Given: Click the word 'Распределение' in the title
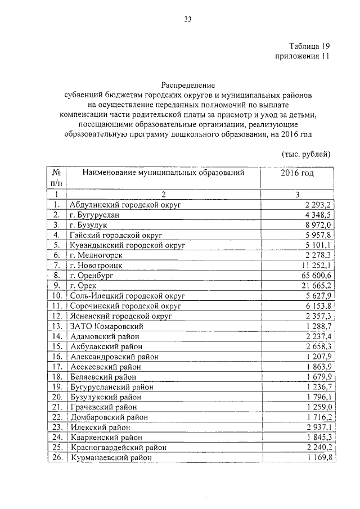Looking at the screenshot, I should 188,85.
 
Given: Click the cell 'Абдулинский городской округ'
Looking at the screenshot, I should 124,205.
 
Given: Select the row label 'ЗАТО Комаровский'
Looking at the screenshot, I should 107,326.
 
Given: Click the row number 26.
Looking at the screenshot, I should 56,458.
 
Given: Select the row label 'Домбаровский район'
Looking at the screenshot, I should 109,417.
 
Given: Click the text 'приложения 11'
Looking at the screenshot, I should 301,56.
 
